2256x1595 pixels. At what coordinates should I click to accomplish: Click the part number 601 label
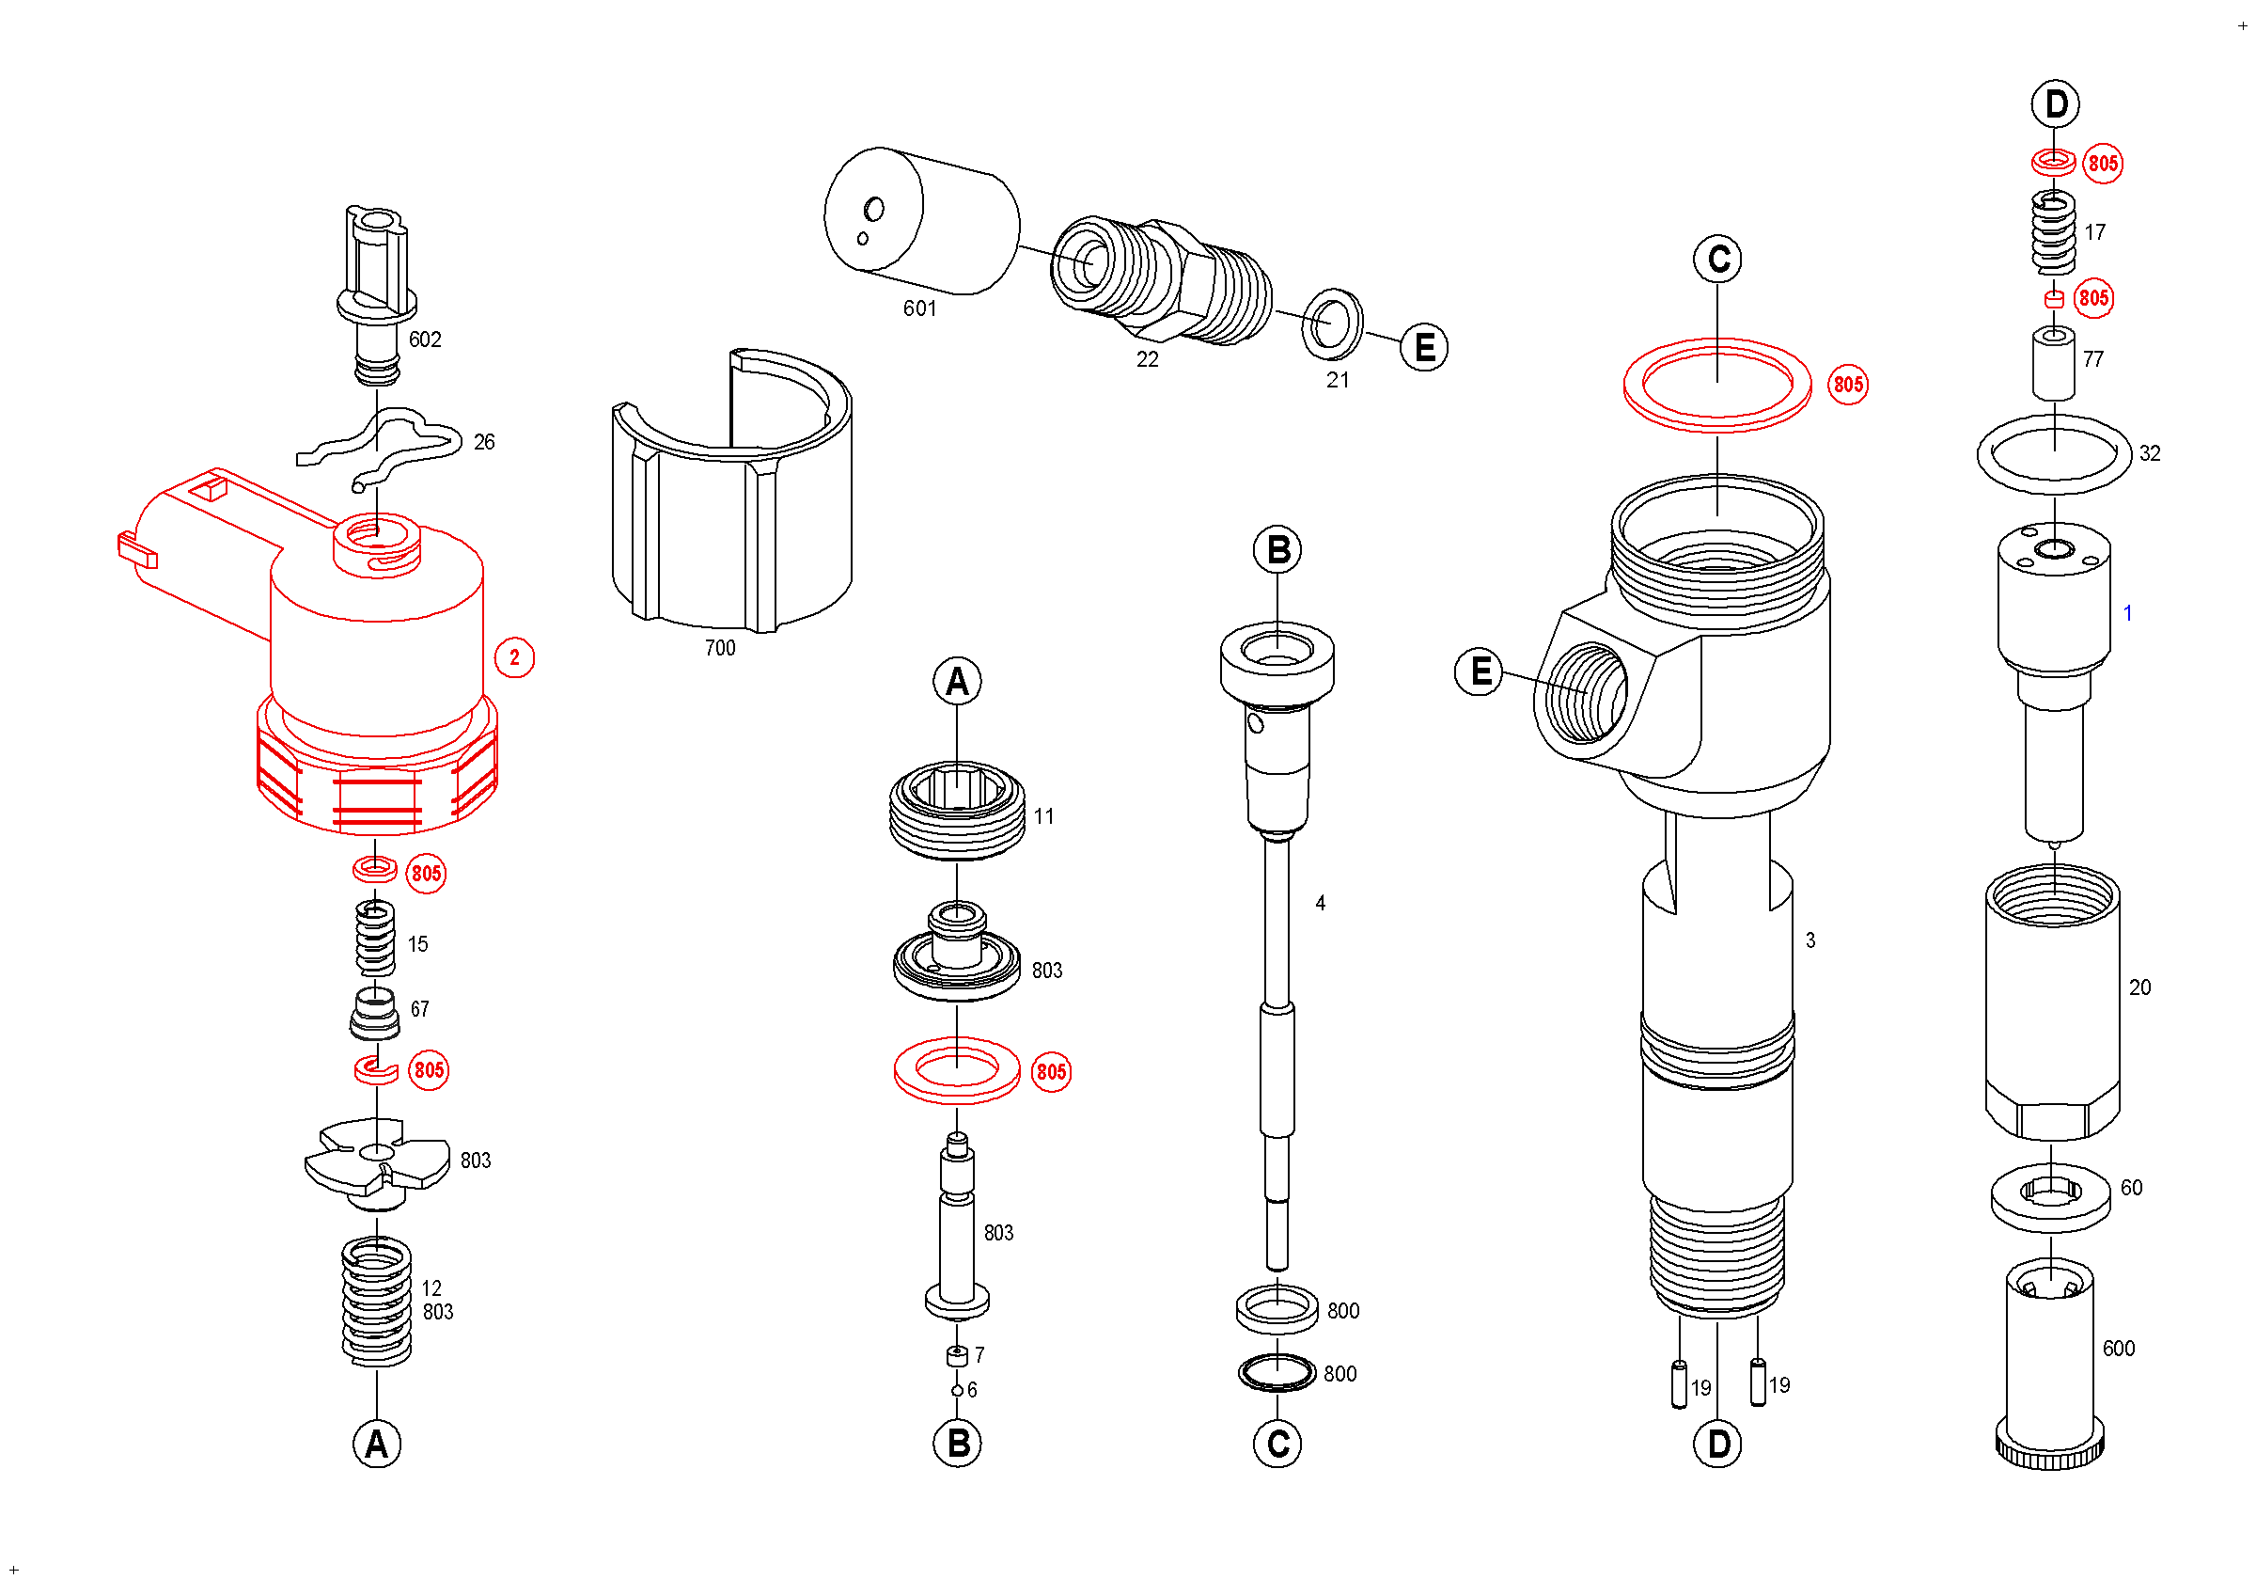click(918, 308)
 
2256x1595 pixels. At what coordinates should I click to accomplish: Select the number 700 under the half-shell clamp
click(719, 649)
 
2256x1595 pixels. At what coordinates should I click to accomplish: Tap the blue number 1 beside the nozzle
click(2127, 613)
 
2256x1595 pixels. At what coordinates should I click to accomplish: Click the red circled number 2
click(514, 657)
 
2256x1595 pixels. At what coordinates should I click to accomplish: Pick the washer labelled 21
click(1331, 324)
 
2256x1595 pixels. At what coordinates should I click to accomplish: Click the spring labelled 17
click(2054, 233)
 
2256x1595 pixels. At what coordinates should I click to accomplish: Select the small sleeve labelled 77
click(2054, 364)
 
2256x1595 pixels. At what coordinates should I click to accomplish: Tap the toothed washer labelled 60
click(2051, 1198)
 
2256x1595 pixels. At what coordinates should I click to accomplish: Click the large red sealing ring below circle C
click(1716, 386)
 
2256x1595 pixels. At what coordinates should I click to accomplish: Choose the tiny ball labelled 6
click(956, 1391)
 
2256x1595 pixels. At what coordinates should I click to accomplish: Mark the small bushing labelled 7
click(956, 1357)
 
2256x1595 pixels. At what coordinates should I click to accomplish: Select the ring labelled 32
click(2054, 454)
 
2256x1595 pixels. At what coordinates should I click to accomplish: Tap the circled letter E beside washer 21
click(1424, 348)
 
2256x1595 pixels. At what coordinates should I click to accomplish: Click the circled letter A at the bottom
click(376, 1445)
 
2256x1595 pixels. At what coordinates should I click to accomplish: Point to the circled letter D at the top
click(2056, 104)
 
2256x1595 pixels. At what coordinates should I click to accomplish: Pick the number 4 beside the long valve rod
click(1320, 903)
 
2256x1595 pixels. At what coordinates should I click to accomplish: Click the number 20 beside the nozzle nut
click(2139, 987)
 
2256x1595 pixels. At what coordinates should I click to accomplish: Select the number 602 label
click(425, 340)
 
